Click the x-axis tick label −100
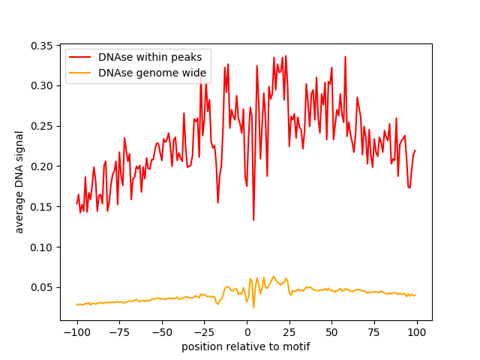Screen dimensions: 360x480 point(76,332)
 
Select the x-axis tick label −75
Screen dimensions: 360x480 point(119,332)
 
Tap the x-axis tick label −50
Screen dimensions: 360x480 point(162,332)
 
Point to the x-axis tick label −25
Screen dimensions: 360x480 point(204,332)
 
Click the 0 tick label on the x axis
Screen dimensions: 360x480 point(247,332)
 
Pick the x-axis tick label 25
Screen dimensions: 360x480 point(289,332)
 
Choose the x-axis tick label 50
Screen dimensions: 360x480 point(331,332)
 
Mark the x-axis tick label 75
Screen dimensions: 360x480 point(374,332)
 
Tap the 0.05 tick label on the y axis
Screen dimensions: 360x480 point(43,287)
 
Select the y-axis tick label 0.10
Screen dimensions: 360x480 point(43,247)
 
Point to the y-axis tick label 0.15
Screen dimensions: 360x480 point(43,206)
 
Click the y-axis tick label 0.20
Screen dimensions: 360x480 point(43,166)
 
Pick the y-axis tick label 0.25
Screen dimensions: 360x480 point(43,126)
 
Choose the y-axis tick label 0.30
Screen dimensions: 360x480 point(43,85)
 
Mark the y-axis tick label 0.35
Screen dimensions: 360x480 point(43,46)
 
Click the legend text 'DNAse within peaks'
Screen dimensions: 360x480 point(151,58)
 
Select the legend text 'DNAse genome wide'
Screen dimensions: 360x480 point(151,73)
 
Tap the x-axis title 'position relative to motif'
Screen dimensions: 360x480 point(246,346)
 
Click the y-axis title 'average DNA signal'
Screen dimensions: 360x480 point(20,181)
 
